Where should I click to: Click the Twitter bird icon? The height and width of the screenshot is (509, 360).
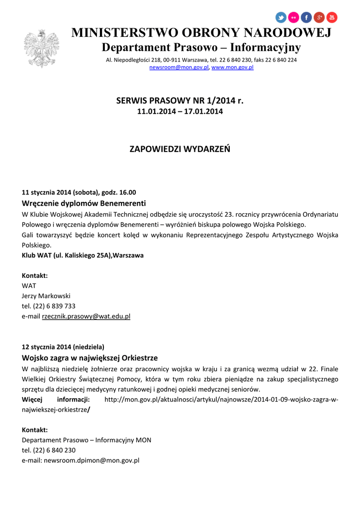[281, 18]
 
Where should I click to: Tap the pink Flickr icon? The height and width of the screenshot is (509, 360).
[294, 18]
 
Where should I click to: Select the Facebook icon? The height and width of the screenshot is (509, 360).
[306, 18]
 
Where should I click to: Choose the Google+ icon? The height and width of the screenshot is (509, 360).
[319, 18]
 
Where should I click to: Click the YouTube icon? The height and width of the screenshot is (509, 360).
[332, 18]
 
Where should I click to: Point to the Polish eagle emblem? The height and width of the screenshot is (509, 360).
[41, 48]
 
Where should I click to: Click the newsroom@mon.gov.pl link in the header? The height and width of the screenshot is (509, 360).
[179, 67]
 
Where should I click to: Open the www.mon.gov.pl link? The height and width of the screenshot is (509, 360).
[232, 67]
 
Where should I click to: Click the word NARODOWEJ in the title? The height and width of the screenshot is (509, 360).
[289, 33]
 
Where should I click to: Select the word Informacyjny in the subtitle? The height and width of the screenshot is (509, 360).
[266, 48]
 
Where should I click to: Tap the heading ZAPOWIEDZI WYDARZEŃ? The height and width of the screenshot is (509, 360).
[180, 149]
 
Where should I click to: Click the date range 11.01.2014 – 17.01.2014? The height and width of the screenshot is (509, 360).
[180, 111]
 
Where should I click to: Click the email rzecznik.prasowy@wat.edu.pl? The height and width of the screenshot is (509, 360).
[86, 316]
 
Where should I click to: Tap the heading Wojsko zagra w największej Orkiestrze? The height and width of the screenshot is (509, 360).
[90, 358]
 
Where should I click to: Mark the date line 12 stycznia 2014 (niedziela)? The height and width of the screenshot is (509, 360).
[63, 347]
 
